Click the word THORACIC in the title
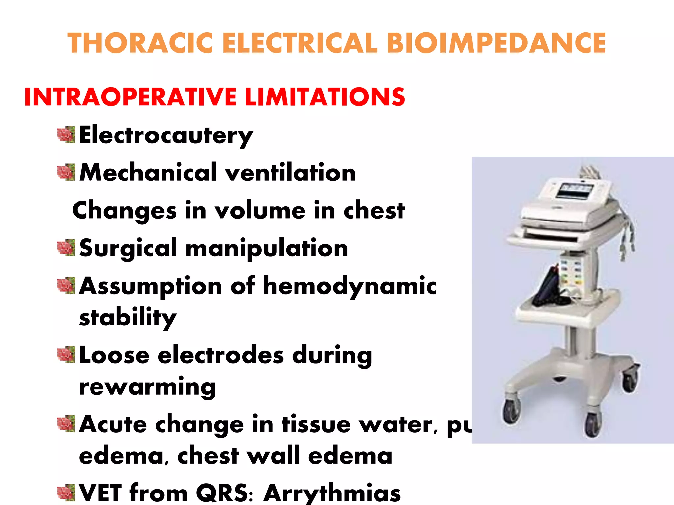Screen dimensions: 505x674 tap(141, 43)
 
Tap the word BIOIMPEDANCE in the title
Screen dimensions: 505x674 tap(496, 43)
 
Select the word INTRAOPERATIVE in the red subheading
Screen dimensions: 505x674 tap(130, 97)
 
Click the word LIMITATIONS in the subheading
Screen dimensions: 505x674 tap(325, 97)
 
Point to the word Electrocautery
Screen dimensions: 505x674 tap(166, 135)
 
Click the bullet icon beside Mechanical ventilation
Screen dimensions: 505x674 tap(66, 173)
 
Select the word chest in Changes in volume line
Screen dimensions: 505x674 tap(374, 210)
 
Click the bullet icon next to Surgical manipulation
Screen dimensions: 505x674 tap(66, 248)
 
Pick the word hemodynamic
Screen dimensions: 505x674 tap(350, 285)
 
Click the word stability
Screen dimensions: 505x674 tap(128, 318)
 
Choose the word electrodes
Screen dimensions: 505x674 tap(220, 355)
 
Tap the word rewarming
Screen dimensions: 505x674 tap(147, 387)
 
